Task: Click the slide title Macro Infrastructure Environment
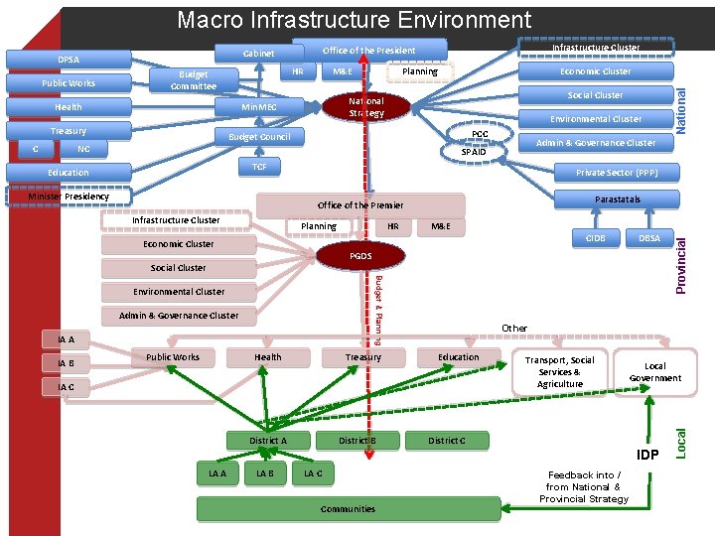(x=354, y=19)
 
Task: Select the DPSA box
(x=69, y=60)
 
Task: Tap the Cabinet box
(x=259, y=53)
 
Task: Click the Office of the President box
(x=369, y=51)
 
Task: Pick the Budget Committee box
(x=192, y=80)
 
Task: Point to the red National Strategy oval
(x=366, y=107)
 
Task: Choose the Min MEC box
(x=259, y=107)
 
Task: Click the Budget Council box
(x=259, y=137)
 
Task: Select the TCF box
(x=259, y=167)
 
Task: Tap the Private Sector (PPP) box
(x=616, y=172)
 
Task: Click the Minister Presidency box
(x=69, y=197)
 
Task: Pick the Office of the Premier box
(x=360, y=205)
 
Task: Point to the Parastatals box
(x=618, y=200)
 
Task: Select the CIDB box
(x=596, y=238)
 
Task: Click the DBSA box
(x=648, y=238)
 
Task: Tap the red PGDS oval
(x=360, y=257)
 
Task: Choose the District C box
(x=446, y=440)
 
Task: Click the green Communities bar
(x=348, y=509)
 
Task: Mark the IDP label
(x=647, y=455)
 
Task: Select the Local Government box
(x=655, y=371)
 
